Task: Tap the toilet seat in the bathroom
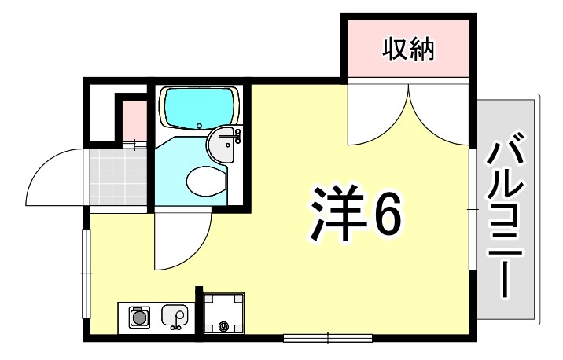207,180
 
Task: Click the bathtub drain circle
201,126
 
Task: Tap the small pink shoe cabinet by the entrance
133,118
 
